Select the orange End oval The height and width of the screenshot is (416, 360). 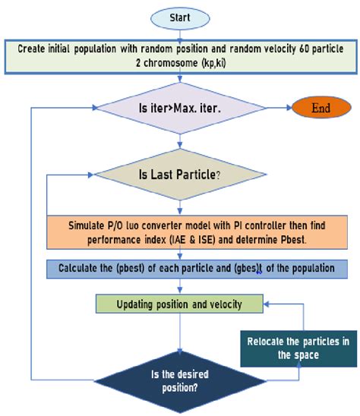tap(321, 108)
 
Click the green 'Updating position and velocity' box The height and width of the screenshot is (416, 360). tap(179, 304)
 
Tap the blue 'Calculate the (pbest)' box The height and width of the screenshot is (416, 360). tap(196, 269)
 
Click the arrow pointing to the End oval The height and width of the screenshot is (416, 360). tap(278, 108)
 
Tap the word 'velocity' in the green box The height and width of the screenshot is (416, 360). tap(220, 304)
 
